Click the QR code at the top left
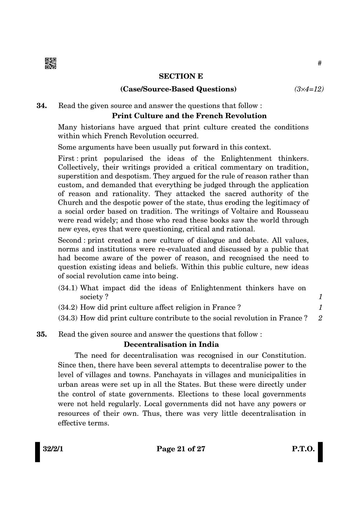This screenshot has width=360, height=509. [51, 63]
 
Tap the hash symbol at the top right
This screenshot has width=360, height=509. [319, 63]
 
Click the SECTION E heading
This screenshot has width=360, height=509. [181, 76]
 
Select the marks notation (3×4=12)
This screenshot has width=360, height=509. [309, 89]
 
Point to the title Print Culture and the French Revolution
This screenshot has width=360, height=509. [189, 116]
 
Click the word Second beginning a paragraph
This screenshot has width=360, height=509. [69, 240]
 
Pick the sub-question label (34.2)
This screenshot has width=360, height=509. [68, 308]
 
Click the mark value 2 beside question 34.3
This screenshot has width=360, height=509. [320, 318]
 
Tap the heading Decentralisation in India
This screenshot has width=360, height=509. [172, 344]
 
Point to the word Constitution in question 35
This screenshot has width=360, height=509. [284, 355]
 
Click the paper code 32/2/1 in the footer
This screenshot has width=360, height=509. [51, 449]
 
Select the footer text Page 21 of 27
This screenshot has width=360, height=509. [181, 449]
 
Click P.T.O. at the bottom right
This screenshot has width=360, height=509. [303, 449]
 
